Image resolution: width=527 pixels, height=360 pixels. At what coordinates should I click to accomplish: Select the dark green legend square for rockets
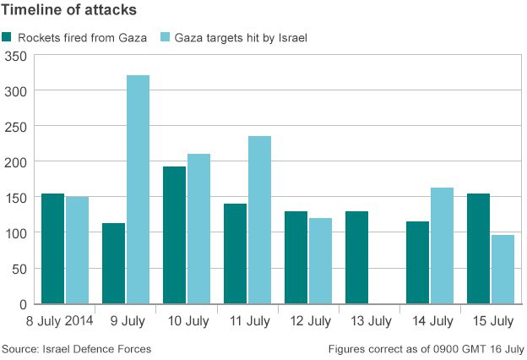click(8, 37)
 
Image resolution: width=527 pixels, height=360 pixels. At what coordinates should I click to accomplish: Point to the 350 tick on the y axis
click(16, 56)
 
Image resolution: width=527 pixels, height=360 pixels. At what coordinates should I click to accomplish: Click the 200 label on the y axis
click(16, 162)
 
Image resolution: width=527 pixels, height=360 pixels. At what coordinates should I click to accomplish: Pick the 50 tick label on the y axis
click(19, 269)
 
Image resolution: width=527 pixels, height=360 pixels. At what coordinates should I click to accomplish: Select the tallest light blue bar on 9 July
click(138, 189)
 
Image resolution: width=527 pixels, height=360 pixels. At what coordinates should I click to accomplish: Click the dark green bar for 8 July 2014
click(52, 248)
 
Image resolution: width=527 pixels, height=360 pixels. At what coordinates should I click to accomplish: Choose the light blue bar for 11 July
click(259, 220)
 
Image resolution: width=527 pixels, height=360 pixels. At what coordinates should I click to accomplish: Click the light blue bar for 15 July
click(503, 270)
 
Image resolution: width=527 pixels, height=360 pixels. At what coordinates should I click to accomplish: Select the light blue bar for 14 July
click(442, 246)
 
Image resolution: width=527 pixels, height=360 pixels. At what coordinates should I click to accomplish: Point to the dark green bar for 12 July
click(296, 258)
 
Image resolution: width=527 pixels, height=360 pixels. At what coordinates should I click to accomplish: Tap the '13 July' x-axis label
click(369, 321)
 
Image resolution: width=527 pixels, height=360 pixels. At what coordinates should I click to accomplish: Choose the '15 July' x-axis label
click(491, 321)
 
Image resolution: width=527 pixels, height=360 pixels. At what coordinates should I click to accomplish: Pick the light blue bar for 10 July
click(198, 229)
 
